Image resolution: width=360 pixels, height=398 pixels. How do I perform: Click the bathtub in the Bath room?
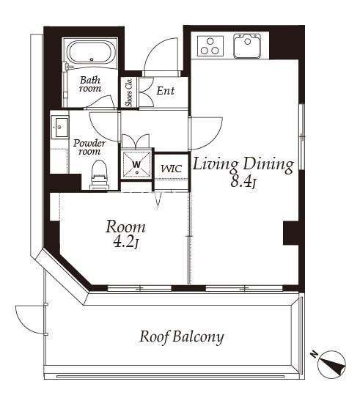pos(90,53)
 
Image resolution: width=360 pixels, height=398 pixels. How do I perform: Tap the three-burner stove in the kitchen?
pos(210,46)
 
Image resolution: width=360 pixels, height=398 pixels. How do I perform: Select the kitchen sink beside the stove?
pos(247,45)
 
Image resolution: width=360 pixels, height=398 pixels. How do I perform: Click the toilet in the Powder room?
pos(99,175)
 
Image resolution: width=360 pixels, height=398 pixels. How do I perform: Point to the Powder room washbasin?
pos(60,127)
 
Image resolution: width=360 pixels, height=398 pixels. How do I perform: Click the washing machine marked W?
pos(136,164)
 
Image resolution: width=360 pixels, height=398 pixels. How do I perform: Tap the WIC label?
pos(172,169)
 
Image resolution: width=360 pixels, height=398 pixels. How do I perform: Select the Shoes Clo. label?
pos(129,92)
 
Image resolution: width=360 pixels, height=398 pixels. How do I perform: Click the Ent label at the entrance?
pos(165,91)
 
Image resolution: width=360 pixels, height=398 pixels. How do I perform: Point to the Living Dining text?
pos(243,165)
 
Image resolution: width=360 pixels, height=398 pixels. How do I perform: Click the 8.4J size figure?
pos(243,182)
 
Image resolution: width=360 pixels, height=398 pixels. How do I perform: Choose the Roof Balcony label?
pos(182,338)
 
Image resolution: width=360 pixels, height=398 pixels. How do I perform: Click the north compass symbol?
pos(331,364)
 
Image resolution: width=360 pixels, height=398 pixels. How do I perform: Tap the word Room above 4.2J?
pos(125,227)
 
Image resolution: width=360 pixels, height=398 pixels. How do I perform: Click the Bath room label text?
pos(90,84)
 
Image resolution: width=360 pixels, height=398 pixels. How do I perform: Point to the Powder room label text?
pos(89,147)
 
